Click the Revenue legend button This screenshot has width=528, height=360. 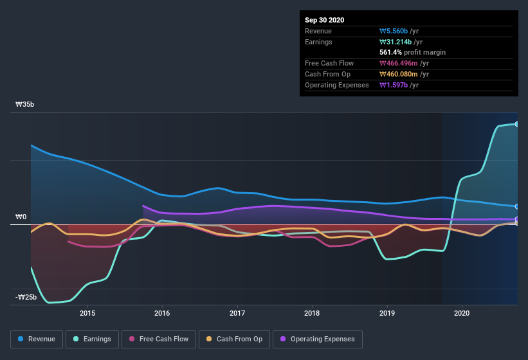[x=37, y=339]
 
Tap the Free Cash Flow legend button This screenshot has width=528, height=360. [x=159, y=339]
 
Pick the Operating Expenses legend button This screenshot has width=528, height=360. [x=317, y=339]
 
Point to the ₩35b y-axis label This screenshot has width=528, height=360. [x=25, y=104]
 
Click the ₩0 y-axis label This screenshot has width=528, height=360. [x=21, y=217]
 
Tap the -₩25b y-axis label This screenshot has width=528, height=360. [x=26, y=297]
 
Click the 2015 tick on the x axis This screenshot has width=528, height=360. [x=87, y=313]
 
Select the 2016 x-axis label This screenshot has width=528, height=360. [x=162, y=313]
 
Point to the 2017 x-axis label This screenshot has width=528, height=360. [x=237, y=313]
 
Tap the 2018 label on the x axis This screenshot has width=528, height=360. [x=312, y=313]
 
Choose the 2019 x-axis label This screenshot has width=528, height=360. [x=387, y=313]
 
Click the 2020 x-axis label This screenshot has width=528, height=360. [x=462, y=313]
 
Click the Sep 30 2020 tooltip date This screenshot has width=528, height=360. [x=325, y=20]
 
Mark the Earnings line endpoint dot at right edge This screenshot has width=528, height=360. [x=516, y=124]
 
